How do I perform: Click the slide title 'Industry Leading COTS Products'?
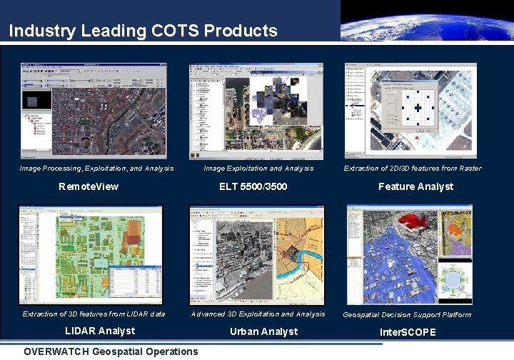click(143, 31)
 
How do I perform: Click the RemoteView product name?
click(89, 186)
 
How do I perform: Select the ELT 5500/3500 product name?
click(258, 186)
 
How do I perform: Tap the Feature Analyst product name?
click(415, 186)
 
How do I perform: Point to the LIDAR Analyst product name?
click(100, 331)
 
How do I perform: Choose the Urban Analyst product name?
click(263, 331)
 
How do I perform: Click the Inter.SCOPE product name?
click(408, 332)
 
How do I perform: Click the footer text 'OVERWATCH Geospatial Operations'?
click(111, 351)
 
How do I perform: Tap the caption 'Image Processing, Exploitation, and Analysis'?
click(96, 169)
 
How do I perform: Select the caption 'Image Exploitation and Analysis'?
click(258, 169)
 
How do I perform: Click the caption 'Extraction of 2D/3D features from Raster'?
click(413, 169)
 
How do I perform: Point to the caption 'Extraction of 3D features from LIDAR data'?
click(94, 314)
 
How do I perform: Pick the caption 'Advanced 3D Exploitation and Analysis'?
click(258, 314)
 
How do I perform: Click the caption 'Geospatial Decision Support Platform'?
click(407, 315)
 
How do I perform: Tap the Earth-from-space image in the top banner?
click(426, 21)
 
